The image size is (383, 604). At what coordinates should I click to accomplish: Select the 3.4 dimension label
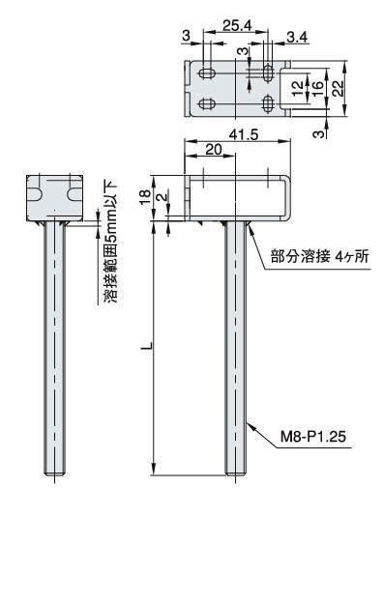point(298,37)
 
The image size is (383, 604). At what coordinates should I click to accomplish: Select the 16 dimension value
point(316,88)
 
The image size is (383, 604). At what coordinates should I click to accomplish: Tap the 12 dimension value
point(299,88)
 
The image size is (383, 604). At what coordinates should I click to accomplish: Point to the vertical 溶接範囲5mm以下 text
point(111,241)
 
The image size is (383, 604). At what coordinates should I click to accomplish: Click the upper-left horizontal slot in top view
point(207,73)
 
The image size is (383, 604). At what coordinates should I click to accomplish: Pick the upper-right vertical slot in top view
point(268,73)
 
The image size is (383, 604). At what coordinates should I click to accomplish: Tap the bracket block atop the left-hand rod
point(56,196)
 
